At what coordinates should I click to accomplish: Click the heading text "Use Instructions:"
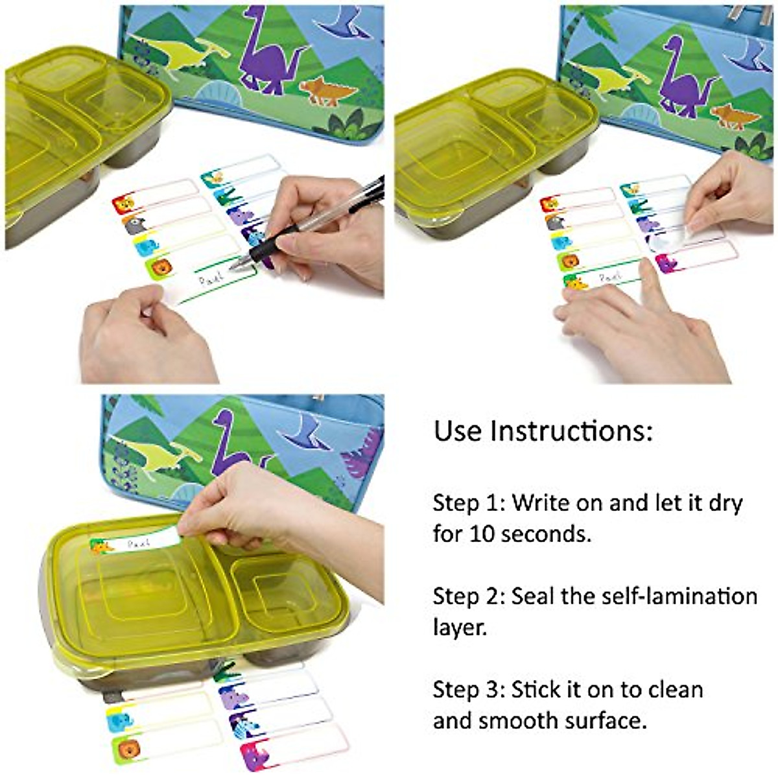coord(543,431)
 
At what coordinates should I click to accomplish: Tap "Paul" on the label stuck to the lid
coord(138,543)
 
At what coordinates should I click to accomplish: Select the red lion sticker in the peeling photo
coord(550,204)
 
